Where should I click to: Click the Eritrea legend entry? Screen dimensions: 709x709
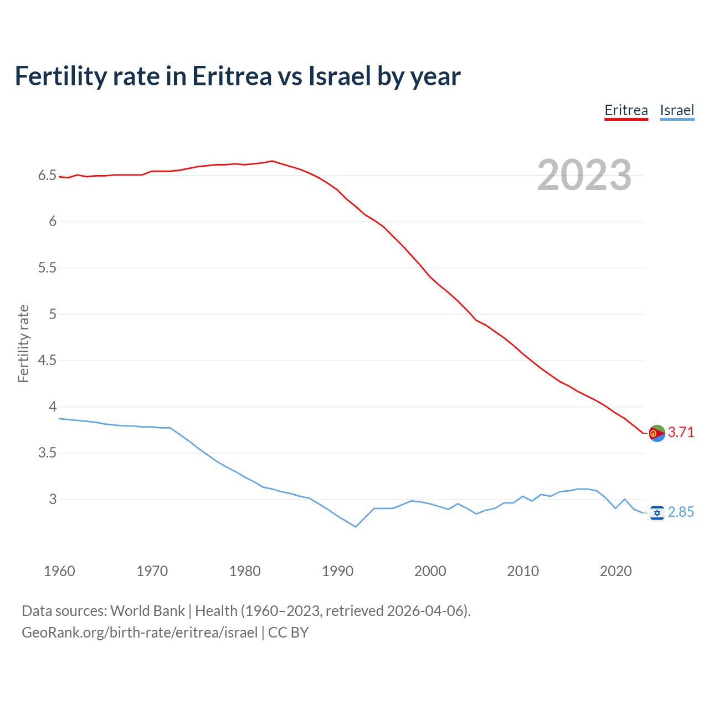(626, 110)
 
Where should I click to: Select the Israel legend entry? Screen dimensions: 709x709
(677, 110)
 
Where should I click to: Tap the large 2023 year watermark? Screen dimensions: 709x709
(584, 175)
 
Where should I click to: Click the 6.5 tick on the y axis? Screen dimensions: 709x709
(47, 176)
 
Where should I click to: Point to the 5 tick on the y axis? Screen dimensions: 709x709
(53, 314)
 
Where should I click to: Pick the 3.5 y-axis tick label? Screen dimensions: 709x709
(47, 453)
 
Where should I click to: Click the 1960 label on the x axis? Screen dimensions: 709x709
(59, 571)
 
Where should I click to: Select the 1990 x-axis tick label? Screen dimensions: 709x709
(337, 571)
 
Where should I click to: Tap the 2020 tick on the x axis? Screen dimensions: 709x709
(615, 571)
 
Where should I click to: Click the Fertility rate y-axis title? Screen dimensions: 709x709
(23, 343)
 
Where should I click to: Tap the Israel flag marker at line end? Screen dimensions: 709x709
(656, 513)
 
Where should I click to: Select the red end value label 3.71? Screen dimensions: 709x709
(681, 432)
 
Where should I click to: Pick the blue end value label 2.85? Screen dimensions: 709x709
(681, 512)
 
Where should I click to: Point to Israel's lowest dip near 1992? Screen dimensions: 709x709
(356, 527)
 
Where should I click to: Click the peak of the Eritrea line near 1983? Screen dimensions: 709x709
(272, 161)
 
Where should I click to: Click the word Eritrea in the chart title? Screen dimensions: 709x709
(232, 76)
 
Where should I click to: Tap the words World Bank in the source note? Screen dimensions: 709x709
(147, 611)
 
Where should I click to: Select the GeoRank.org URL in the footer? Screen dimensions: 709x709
(140, 633)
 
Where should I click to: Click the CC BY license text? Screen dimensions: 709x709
(288, 633)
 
